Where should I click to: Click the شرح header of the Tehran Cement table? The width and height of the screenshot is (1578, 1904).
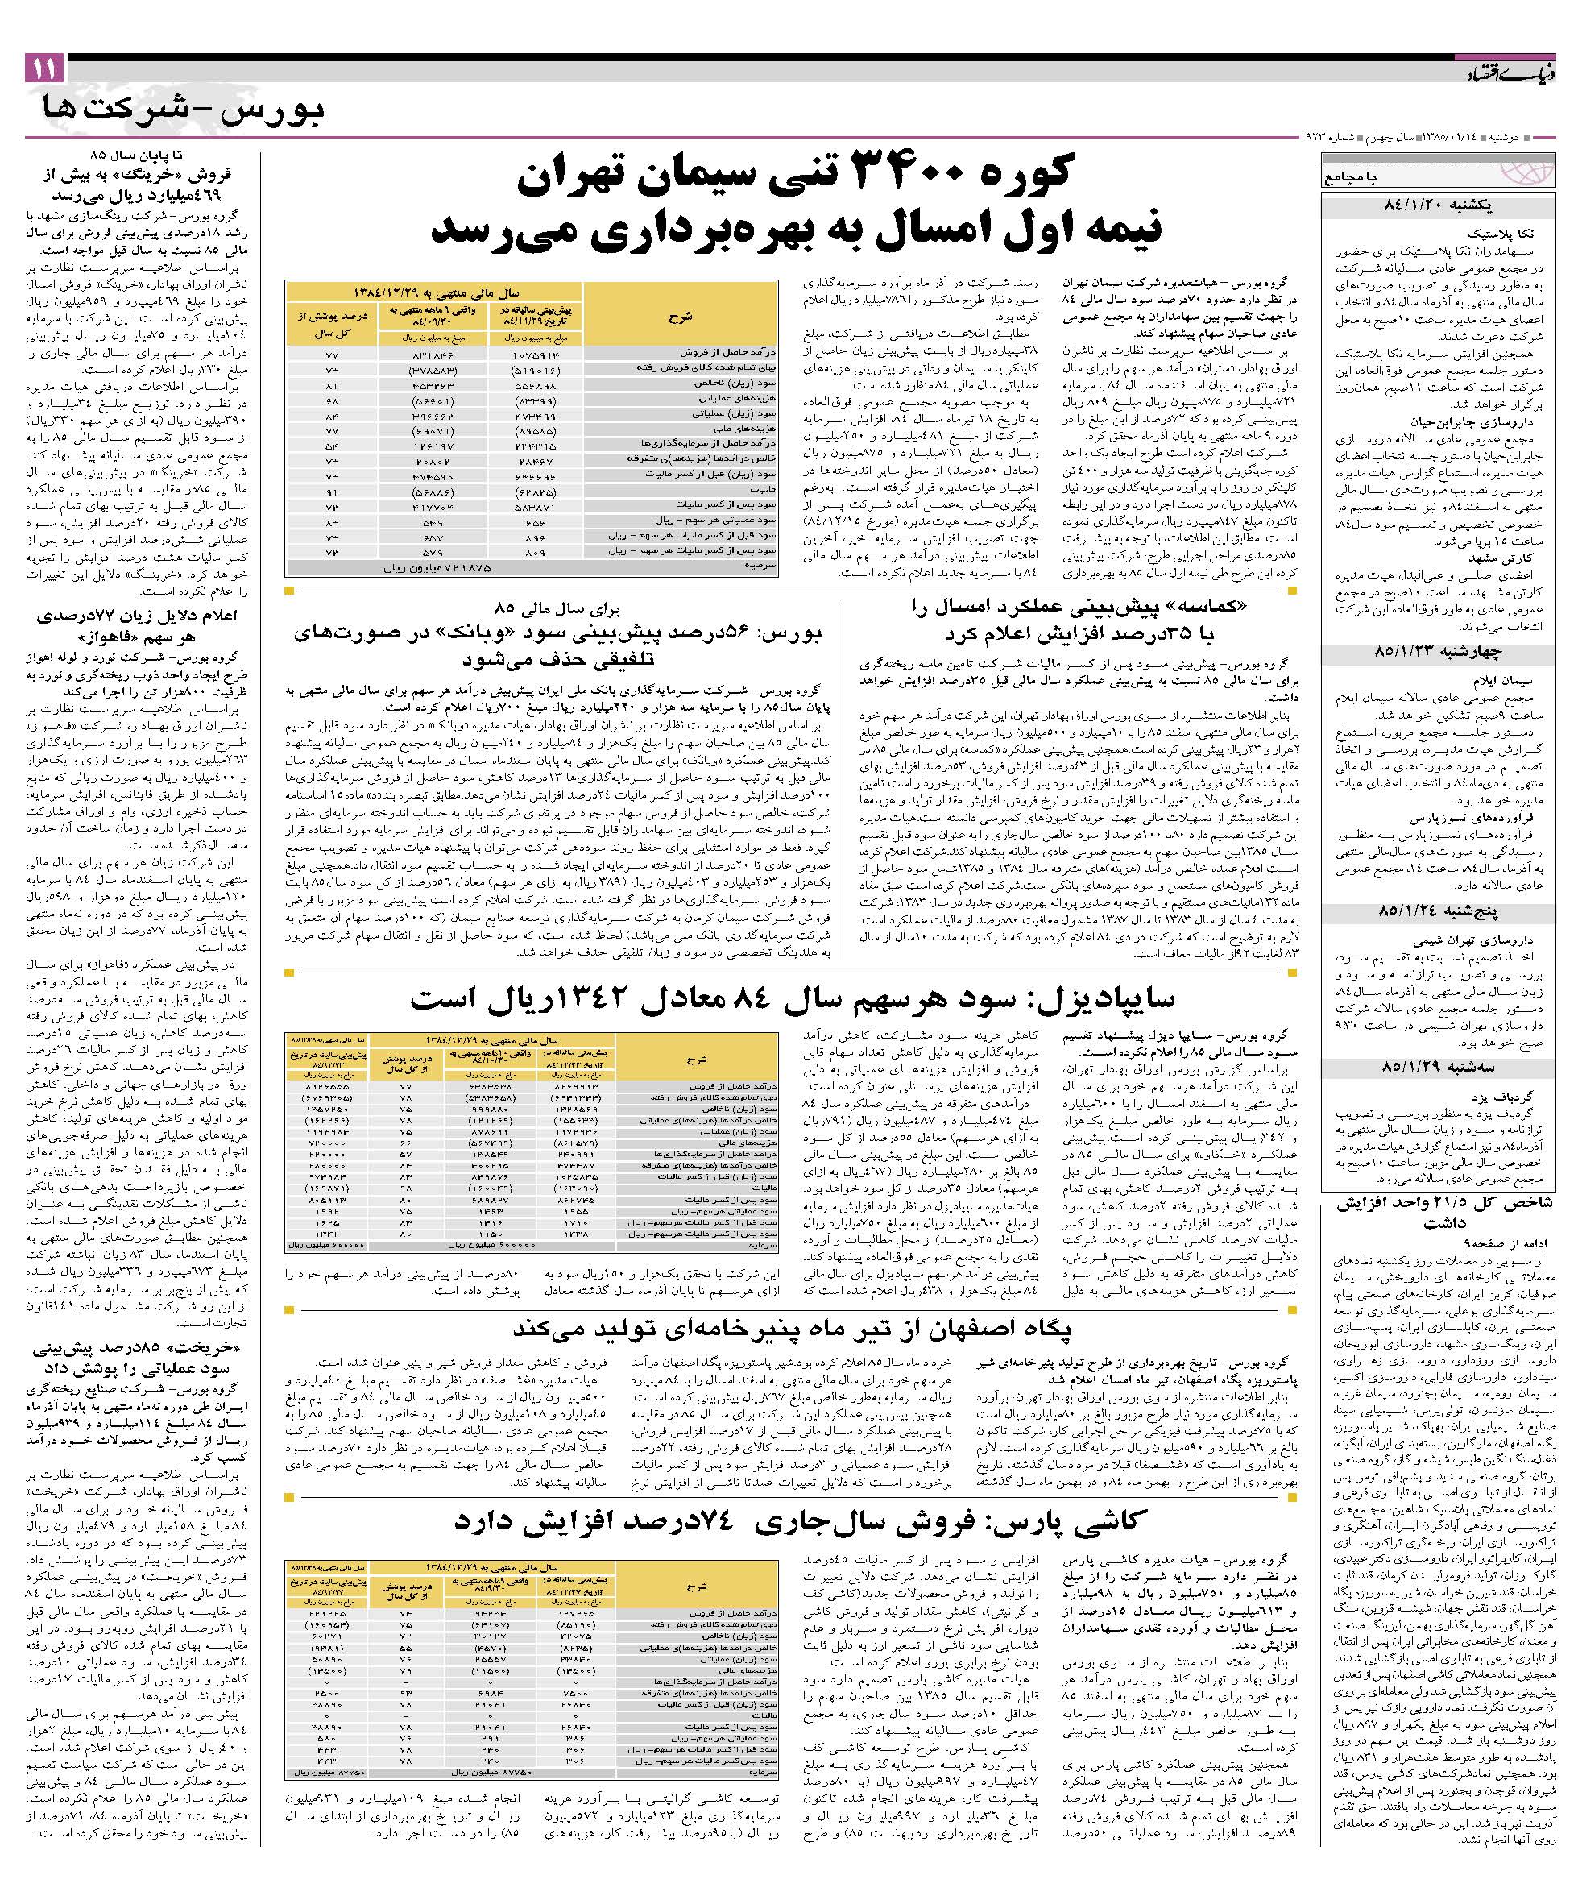pyautogui.click(x=680, y=317)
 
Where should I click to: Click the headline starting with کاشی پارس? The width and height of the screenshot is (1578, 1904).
pyautogui.click(x=802, y=1521)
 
